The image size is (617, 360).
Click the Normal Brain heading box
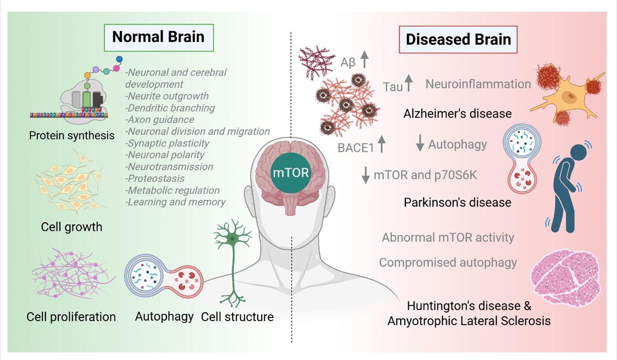click(x=158, y=37)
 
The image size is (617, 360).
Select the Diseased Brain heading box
click(x=458, y=39)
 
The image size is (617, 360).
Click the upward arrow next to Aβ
click(x=365, y=59)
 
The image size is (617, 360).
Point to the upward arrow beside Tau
click(x=409, y=84)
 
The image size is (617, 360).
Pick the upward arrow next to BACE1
click(x=382, y=145)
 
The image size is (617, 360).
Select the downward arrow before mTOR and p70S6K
click(x=366, y=175)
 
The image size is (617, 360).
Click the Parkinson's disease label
click(x=457, y=202)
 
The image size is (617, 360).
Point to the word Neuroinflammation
click(x=478, y=84)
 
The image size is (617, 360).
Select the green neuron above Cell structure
click(x=233, y=264)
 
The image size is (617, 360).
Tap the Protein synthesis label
click(x=72, y=135)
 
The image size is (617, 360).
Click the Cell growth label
click(x=72, y=227)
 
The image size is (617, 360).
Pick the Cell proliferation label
click(x=71, y=317)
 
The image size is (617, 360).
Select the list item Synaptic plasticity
click(x=168, y=143)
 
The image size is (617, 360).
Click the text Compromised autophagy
click(x=448, y=262)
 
